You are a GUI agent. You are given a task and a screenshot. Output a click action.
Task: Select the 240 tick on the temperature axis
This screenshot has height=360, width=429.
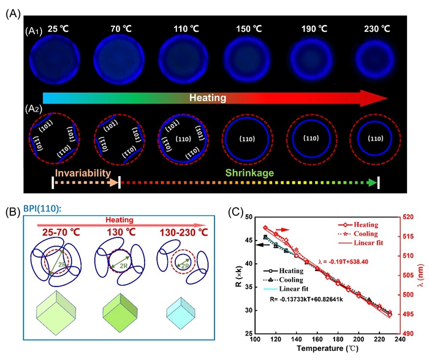click(x=400, y=339)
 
